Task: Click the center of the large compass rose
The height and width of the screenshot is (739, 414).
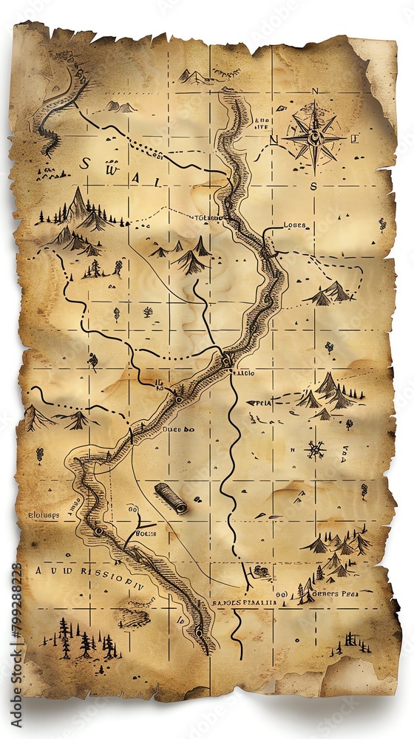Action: tap(316, 137)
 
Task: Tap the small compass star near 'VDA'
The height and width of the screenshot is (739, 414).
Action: tap(316, 449)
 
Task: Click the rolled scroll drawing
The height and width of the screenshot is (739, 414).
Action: tap(172, 498)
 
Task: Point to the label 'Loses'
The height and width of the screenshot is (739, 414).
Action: tap(295, 225)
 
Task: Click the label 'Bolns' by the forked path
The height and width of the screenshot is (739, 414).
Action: tap(146, 533)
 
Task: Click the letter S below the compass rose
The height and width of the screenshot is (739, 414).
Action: tap(313, 186)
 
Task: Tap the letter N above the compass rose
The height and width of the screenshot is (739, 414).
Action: tap(314, 92)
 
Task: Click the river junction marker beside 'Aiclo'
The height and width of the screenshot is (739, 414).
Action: tap(225, 361)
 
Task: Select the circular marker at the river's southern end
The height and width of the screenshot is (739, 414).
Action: tap(199, 633)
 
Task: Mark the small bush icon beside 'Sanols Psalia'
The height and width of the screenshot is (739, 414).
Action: tap(259, 571)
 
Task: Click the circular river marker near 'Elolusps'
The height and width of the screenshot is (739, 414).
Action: tap(98, 531)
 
